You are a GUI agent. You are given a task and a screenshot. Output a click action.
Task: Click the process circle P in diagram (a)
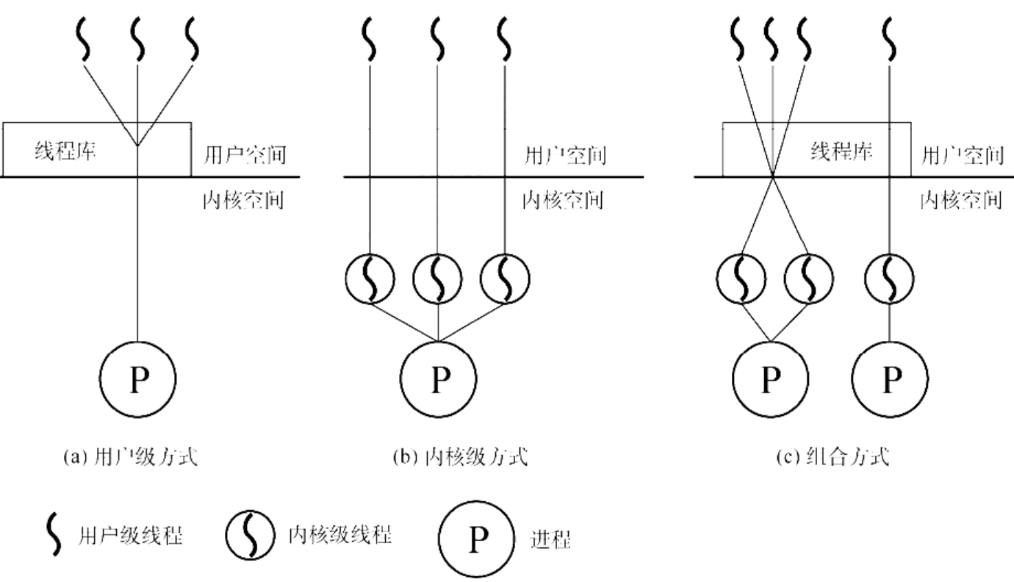point(138,380)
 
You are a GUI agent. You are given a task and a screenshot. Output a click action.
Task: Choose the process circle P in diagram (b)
point(439,380)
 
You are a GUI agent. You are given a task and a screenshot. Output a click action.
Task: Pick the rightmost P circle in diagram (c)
point(891,380)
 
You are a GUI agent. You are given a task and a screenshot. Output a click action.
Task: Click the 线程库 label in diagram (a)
point(66,152)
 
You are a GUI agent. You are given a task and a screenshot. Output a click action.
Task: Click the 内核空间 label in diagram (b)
point(562,200)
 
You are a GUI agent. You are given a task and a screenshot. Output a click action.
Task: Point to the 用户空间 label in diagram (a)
point(242,156)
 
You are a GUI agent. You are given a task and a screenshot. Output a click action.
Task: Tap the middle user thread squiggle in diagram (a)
point(138,40)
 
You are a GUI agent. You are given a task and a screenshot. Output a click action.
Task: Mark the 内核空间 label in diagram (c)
point(961,200)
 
